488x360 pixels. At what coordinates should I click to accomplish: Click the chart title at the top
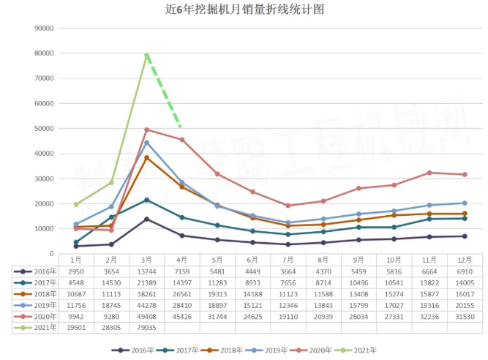click(244, 10)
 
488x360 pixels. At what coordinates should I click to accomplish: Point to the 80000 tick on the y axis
click(45, 53)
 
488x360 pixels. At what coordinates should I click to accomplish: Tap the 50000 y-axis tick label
click(45, 129)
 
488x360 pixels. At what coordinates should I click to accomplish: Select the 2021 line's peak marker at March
click(147, 56)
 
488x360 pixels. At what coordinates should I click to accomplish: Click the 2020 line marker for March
click(147, 130)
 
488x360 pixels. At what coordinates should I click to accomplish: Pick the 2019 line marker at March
click(147, 143)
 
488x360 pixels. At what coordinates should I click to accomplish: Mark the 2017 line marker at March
click(147, 200)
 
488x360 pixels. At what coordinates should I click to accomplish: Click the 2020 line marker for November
click(429, 173)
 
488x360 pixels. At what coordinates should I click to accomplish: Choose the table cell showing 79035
click(147, 329)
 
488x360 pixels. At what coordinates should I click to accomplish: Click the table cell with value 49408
click(147, 317)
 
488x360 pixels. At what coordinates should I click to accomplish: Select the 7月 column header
click(288, 259)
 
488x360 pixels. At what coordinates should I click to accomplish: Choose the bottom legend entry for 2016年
click(132, 350)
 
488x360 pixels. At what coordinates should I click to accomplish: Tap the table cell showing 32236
click(429, 317)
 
